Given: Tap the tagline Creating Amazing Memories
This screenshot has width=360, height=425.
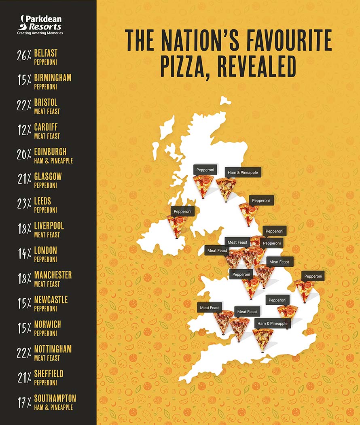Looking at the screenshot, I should (40, 33).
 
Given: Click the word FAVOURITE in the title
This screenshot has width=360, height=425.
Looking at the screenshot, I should (282, 40).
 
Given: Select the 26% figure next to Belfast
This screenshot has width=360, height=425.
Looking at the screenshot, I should (24, 56).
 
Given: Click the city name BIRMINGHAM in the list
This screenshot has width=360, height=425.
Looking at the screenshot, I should (53, 78).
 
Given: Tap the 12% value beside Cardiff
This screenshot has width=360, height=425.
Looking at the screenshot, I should (24, 130).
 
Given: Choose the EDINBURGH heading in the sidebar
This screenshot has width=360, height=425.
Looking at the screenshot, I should (50, 152).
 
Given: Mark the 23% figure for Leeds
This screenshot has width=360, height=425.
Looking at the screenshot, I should (24, 204).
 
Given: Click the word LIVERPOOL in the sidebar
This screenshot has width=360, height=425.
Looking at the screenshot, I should (49, 226).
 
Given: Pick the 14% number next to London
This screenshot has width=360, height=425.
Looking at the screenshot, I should (24, 254).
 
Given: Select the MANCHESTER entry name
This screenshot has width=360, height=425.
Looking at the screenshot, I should (53, 275).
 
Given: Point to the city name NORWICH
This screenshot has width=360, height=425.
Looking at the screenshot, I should (48, 325).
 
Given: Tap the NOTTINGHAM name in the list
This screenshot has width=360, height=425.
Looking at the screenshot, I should (53, 349).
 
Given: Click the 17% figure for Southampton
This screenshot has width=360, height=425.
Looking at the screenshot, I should (24, 402).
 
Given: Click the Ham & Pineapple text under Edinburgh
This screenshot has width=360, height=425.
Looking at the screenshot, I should (53, 161).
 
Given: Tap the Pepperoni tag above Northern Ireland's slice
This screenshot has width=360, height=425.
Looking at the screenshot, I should (182, 211).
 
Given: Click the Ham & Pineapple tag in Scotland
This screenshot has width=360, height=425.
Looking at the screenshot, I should (243, 172).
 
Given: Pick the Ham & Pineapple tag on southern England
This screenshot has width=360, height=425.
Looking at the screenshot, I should (272, 323).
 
